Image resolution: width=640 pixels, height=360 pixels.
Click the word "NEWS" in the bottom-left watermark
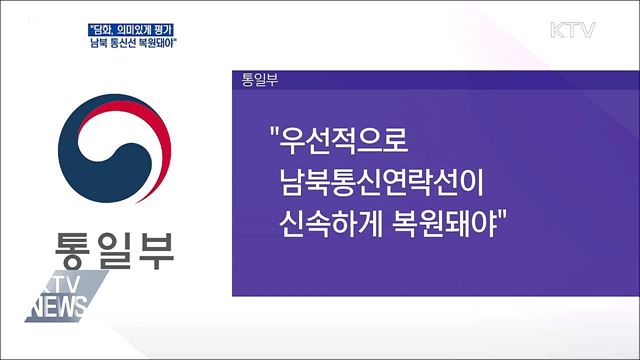pos(61,309)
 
